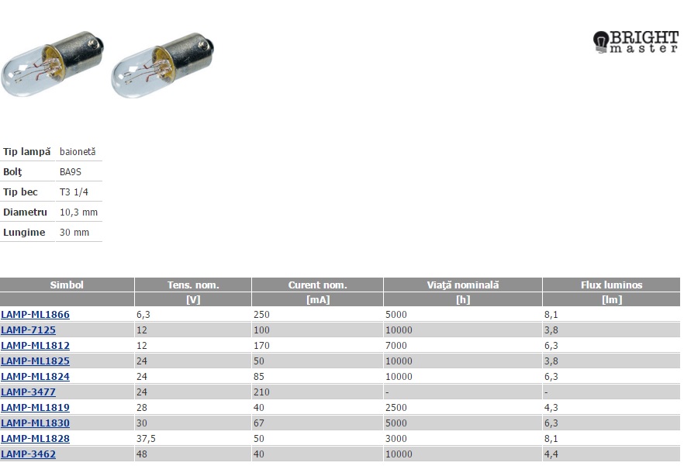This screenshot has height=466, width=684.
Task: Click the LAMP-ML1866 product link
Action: tap(36, 315)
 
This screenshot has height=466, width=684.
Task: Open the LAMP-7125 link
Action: tap(29, 330)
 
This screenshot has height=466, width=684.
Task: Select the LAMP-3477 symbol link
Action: tap(29, 392)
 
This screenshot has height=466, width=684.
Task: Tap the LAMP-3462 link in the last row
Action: tap(29, 454)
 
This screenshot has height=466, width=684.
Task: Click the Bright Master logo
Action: tap(636, 42)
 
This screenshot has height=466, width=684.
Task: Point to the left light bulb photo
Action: tap(53, 64)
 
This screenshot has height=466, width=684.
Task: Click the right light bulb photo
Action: tap(163, 65)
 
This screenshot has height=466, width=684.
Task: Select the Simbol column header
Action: tap(67, 285)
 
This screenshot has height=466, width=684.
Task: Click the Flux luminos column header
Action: tap(612, 285)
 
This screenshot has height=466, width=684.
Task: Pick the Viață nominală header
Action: tap(463, 285)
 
